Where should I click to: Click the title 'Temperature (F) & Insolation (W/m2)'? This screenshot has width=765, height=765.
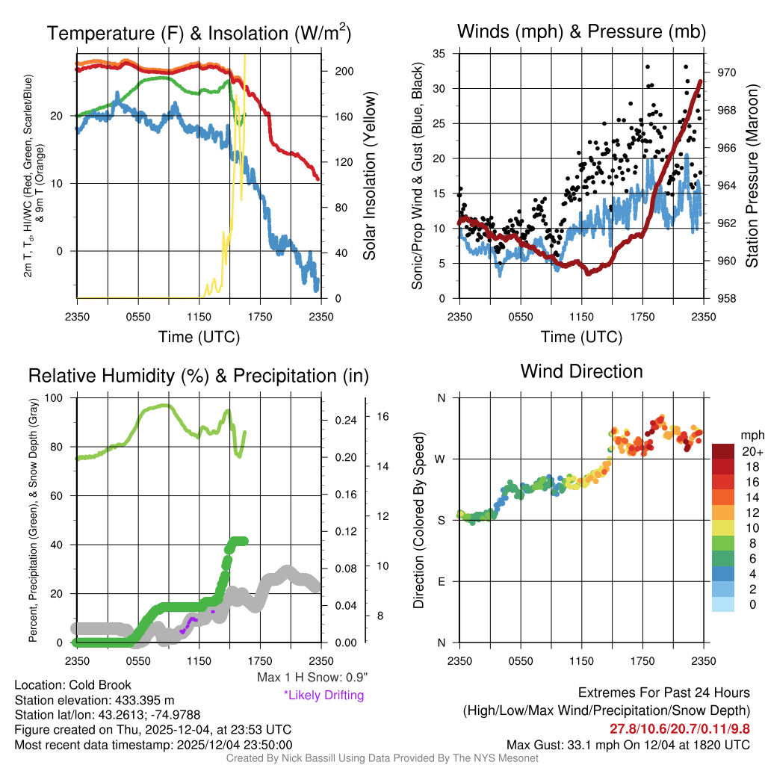[x=199, y=33]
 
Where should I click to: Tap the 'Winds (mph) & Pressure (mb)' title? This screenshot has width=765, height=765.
[x=581, y=31]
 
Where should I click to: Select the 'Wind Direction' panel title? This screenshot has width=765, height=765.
[x=581, y=371]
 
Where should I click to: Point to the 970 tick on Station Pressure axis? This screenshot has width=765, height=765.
[x=724, y=72]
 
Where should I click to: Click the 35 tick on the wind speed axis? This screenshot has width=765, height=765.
[x=440, y=54]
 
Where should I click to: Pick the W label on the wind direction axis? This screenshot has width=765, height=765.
[x=442, y=459]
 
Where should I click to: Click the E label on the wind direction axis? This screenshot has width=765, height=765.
[x=442, y=581]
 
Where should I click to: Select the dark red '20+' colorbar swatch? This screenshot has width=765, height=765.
[x=725, y=452]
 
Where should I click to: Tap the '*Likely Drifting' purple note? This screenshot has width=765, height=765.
[x=323, y=695]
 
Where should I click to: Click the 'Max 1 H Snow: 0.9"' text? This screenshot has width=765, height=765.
[x=312, y=678]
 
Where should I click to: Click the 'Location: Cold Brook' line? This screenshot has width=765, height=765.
[x=73, y=685]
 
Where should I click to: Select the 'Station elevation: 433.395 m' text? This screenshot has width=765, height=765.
[x=94, y=700]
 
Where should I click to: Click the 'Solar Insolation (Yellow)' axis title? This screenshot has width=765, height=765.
[x=369, y=176]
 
